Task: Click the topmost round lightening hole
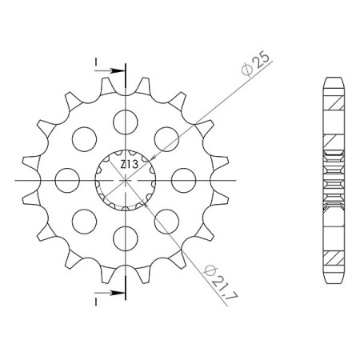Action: pos(125,122)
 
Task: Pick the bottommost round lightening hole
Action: pos(125,238)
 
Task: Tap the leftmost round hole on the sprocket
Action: pos(67,180)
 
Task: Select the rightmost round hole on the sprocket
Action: pos(182,180)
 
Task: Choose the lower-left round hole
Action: pos(84,221)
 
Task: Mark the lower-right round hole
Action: pos(166,221)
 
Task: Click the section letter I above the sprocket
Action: pos(95,61)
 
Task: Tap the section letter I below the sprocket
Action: pos(95,303)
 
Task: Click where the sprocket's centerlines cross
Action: pos(125,180)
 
